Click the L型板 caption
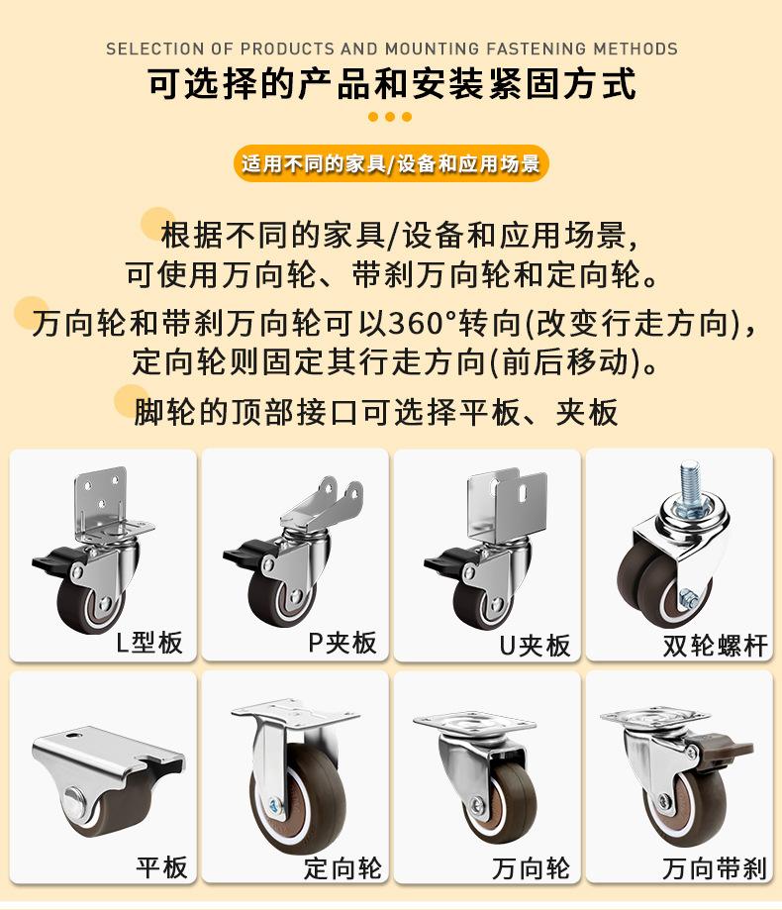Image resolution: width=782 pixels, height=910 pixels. (149, 643)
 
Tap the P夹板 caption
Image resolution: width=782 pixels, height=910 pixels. (342, 643)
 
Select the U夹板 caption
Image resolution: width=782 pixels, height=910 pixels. (535, 646)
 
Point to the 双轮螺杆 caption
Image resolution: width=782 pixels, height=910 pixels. (716, 646)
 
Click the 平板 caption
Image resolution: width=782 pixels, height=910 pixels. (162, 867)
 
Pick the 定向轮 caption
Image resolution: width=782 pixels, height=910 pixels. (342, 868)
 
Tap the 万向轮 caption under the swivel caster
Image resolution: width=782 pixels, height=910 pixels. (531, 868)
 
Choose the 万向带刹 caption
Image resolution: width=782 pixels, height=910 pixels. (715, 868)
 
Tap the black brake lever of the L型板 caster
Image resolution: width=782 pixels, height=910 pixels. (52, 559)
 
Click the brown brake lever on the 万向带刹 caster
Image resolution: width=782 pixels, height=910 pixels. (727, 747)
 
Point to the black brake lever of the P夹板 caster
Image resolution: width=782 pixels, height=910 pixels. (244, 552)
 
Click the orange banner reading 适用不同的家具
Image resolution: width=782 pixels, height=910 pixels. (391, 163)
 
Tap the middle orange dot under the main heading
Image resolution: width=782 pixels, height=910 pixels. (390, 117)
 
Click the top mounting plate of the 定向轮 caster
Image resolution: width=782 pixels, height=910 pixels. (295, 712)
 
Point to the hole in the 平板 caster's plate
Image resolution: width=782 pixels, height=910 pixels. (73, 735)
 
